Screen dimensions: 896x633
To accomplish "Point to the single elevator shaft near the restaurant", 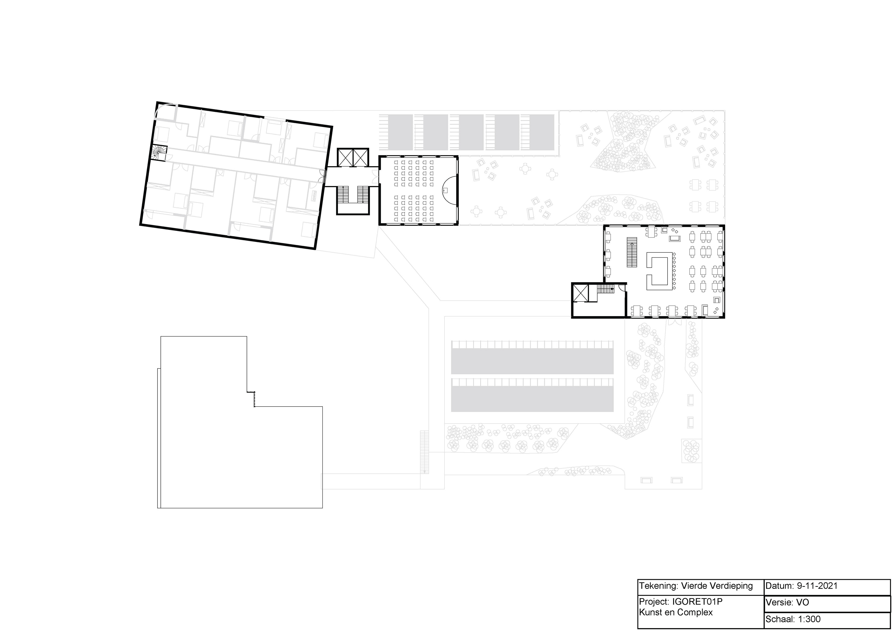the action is click(580, 293).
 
